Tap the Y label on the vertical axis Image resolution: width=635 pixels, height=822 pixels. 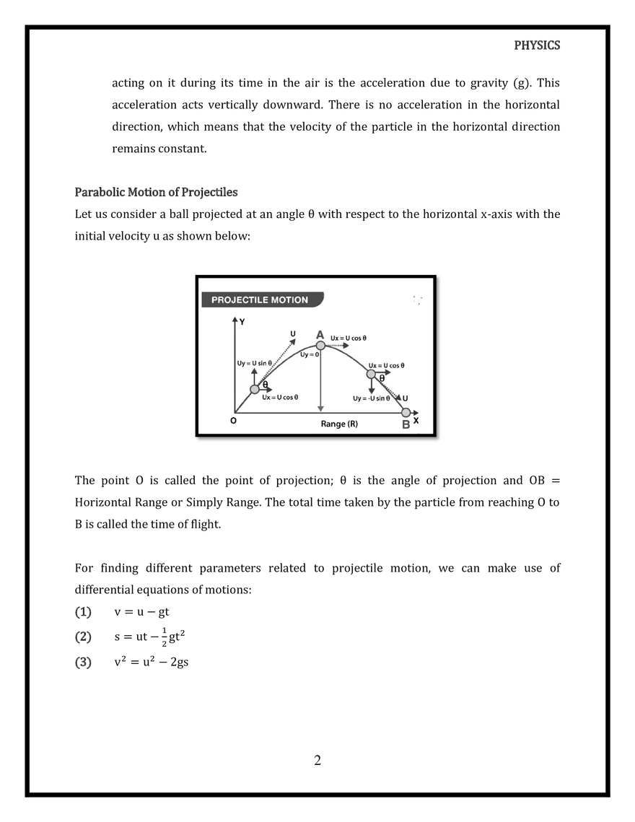pyautogui.click(x=242, y=322)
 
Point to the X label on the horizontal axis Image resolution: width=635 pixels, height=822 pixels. pyautogui.click(x=416, y=421)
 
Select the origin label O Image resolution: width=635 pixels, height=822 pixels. pyautogui.click(x=233, y=421)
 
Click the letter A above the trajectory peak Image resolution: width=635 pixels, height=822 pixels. pyautogui.click(x=320, y=334)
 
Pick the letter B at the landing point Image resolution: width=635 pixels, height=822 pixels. pyautogui.click(x=406, y=424)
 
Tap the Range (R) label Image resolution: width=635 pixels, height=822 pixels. pyautogui.click(x=339, y=424)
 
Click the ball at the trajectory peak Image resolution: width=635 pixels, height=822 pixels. pyautogui.click(x=320, y=346)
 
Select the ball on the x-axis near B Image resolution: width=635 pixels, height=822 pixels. pyautogui.click(x=406, y=413)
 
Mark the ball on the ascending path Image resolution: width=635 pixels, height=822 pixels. pyautogui.click(x=255, y=390)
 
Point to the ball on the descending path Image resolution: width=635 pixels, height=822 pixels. pyautogui.click(x=371, y=374)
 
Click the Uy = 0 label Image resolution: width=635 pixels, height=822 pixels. pyautogui.click(x=310, y=354)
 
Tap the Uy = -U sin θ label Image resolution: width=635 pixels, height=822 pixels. pyautogui.click(x=371, y=398)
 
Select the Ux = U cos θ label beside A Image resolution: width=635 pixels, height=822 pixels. pyautogui.click(x=349, y=338)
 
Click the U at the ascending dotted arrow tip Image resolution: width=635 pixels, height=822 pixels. pyautogui.click(x=292, y=333)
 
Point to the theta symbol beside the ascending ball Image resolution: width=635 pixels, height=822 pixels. pyautogui.click(x=265, y=385)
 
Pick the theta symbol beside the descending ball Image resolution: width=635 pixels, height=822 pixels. pyautogui.click(x=382, y=379)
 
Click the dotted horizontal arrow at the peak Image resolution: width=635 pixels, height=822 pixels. pyautogui.click(x=336, y=346)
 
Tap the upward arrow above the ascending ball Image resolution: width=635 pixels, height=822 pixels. pyautogui.click(x=254, y=375)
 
